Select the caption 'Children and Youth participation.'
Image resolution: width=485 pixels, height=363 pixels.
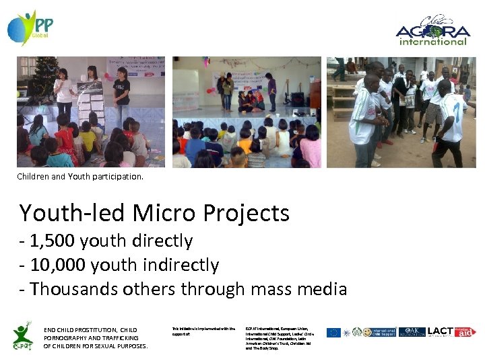coord(80,177)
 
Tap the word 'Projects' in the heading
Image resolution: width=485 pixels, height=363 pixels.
coord(250,213)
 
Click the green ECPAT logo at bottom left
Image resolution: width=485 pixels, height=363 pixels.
coord(23,334)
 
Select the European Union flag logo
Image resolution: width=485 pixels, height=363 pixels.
coord(333,332)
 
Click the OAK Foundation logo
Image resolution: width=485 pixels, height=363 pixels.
coord(412,332)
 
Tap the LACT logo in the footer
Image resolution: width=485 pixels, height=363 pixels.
coord(440,331)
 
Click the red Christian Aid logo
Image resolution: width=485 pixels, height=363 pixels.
coord(465,332)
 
